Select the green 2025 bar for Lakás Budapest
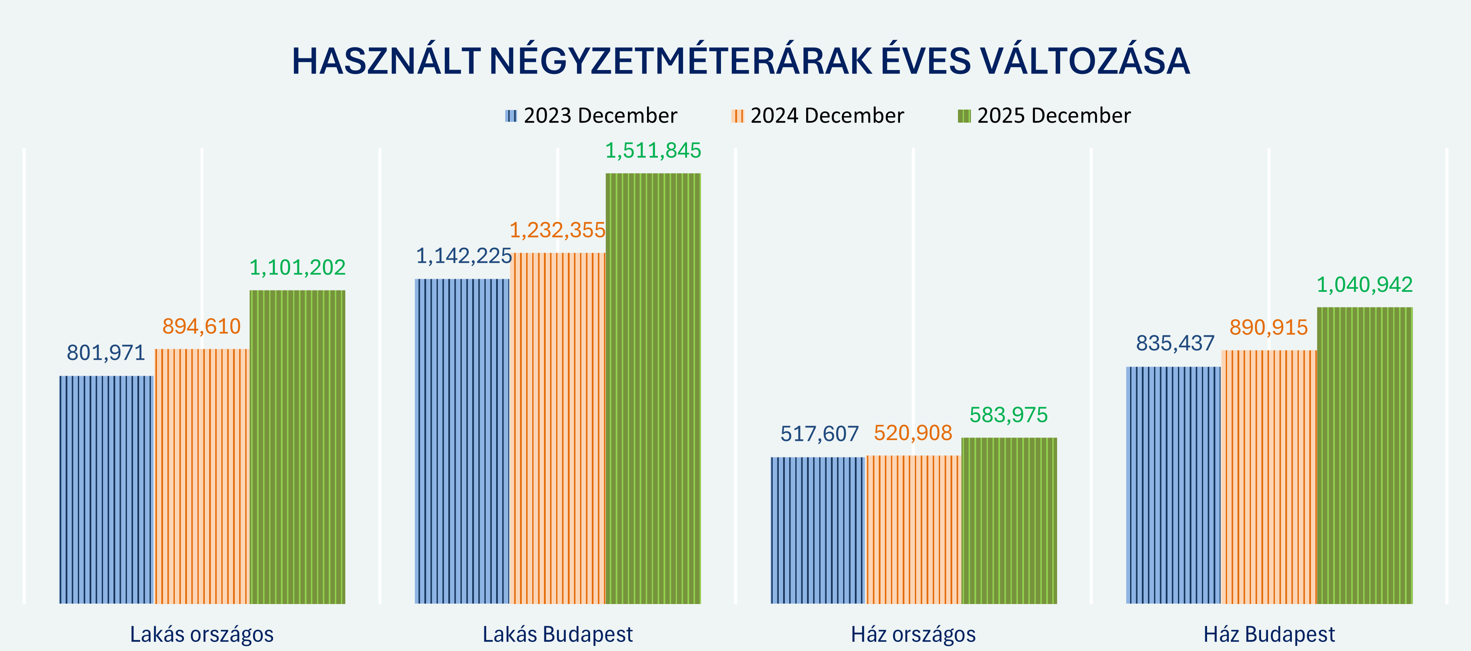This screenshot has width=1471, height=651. click(x=653, y=388)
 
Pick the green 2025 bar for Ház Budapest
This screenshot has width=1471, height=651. click(x=1364, y=455)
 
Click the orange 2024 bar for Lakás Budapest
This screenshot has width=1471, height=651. click(x=558, y=428)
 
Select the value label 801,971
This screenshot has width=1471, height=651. click(x=106, y=353)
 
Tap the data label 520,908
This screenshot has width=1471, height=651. click(x=913, y=433)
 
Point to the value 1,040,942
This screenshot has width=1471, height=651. click(x=1364, y=284)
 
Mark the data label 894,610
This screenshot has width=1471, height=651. click(x=202, y=326)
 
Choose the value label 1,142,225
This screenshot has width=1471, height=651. click(x=463, y=256)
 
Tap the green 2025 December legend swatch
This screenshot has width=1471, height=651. click(x=964, y=116)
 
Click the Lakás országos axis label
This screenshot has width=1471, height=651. click(x=202, y=634)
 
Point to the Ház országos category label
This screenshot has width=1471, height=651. click(x=913, y=634)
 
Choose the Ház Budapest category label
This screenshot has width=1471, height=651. click(x=1269, y=634)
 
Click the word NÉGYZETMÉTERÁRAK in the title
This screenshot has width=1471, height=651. click(x=680, y=60)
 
